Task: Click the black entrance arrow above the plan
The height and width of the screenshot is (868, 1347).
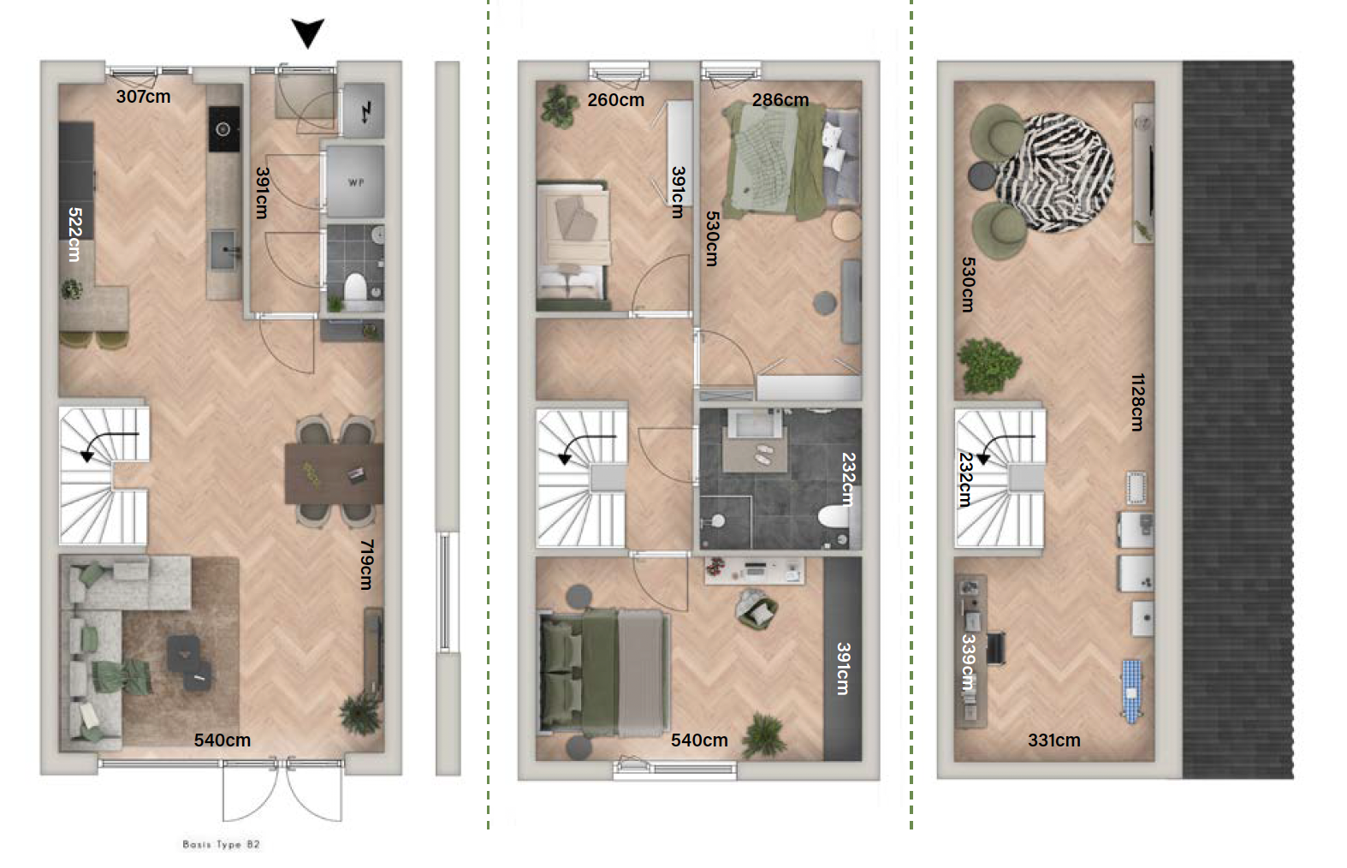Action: pyautogui.click(x=308, y=32)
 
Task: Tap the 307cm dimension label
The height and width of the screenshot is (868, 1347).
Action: pyautogui.click(x=143, y=96)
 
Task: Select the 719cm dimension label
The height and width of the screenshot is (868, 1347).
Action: pyautogui.click(x=367, y=564)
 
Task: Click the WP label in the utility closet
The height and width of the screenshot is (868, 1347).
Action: pyautogui.click(x=356, y=182)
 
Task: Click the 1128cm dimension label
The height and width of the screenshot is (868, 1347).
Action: pyautogui.click(x=1137, y=401)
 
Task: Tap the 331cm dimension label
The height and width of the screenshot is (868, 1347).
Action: pyautogui.click(x=1054, y=740)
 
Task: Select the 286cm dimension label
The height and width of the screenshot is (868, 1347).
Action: pyautogui.click(x=780, y=100)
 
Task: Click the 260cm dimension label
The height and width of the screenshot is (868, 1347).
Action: pyautogui.click(x=616, y=100)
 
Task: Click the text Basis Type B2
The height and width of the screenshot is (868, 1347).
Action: pyautogui.click(x=222, y=845)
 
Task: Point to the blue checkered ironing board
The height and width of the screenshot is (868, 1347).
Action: pyautogui.click(x=1132, y=691)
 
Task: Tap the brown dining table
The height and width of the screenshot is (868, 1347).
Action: pyautogui.click(x=334, y=473)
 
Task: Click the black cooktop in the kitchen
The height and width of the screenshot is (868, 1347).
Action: pyautogui.click(x=223, y=129)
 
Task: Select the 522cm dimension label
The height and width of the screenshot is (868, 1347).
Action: pyautogui.click(x=75, y=234)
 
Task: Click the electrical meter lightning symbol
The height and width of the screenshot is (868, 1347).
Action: pyautogui.click(x=365, y=112)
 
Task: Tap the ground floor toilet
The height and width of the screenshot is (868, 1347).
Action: pyautogui.click(x=355, y=288)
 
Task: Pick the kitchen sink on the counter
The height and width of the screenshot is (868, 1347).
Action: pyautogui.click(x=223, y=249)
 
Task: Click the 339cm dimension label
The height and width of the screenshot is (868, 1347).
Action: pyautogui.click(x=968, y=662)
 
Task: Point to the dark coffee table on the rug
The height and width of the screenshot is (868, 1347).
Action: pyautogui.click(x=189, y=663)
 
